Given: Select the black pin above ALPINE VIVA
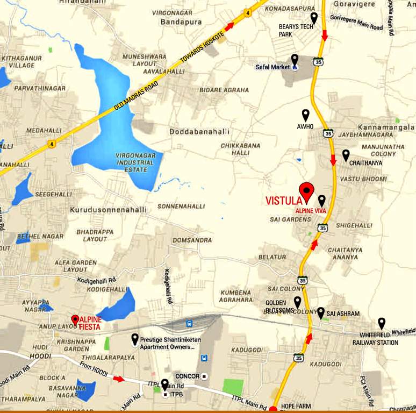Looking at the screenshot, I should coord(322,200).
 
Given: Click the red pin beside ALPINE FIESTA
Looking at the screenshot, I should coord(75,319).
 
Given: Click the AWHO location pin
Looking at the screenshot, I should coord(306,115).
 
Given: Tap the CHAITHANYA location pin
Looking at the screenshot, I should coord(346,154).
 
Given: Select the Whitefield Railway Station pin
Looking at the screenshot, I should coord(382,323).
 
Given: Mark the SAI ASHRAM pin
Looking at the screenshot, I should coord(321,312).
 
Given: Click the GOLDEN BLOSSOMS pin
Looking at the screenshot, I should coord(297,302).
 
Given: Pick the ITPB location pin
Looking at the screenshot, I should coord(164,384).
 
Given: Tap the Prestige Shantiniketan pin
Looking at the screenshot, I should coord(134,339).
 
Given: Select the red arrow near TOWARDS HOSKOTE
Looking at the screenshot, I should coord(229,26).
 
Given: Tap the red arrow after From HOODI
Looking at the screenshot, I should coord(119,379).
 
